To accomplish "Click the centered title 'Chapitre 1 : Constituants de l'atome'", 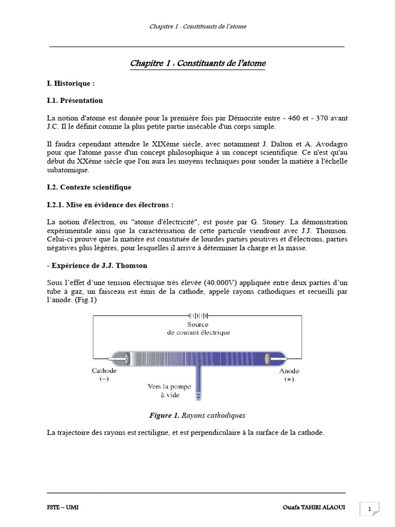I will pyautogui.click(x=198, y=63).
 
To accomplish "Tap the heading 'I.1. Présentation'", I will pyautogui.click(x=75, y=100).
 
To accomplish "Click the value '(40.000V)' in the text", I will pyautogui.click(x=226, y=283).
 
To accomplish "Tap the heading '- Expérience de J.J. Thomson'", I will pyautogui.click(x=97, y=266).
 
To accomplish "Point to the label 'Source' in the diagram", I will pyautogui.click(x=198, y=324).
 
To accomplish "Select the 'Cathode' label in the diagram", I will pyautogui.click(x=104, y=371).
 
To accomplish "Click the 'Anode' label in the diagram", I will pyautogui.click(x=289, y=371).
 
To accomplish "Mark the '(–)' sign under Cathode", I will pyautogui.click(x=104, y=379).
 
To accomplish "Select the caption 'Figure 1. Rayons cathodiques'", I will pyautogui.click(x=197, y=415).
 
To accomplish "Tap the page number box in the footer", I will pyautogui.click(x=369, y=509).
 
